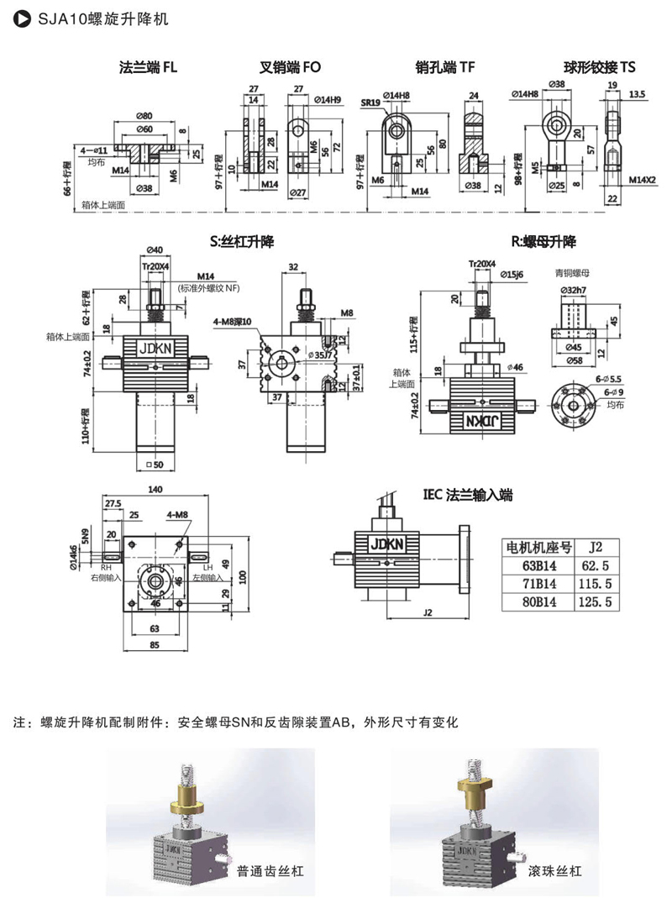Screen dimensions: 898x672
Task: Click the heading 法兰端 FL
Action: pos(148,68)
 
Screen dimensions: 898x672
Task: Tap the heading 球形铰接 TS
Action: pos(599,68)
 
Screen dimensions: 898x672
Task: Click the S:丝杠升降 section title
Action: pos(241,242)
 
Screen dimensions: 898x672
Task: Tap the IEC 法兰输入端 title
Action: pos(468,496)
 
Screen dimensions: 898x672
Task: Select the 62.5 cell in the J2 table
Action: pos(594,565)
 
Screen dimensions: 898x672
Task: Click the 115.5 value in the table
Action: pos(594,584)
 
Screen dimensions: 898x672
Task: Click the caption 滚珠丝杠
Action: pos(552,870)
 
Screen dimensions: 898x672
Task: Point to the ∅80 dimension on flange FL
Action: pos(144,114)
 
